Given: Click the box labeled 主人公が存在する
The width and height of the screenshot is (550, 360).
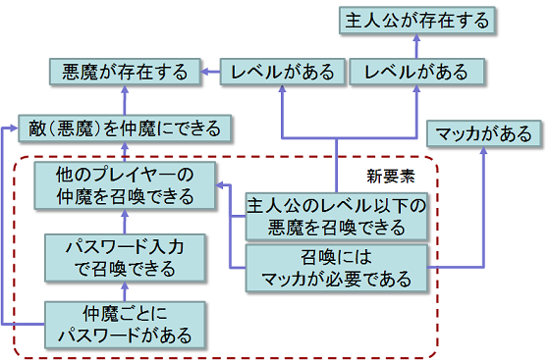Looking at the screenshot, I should [416, 20].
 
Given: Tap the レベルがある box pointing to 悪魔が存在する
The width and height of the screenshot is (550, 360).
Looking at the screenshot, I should [283, 71].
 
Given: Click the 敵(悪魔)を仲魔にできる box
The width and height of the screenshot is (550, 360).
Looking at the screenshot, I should [126, 128].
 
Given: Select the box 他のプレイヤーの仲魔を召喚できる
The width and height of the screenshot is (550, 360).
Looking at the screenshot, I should [125, 185].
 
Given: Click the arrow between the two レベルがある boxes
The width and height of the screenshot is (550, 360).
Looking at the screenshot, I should [349, 71].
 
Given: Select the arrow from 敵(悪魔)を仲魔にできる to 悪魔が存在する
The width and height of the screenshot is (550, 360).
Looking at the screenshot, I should [126, 100].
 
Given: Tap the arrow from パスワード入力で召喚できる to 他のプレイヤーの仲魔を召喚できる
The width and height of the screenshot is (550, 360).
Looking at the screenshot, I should [126, 220].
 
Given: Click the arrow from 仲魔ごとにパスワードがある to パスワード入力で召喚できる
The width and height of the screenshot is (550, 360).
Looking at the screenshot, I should [126, 289].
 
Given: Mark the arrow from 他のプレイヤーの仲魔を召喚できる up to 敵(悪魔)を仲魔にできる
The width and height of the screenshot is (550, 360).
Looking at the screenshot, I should [126, 152].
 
